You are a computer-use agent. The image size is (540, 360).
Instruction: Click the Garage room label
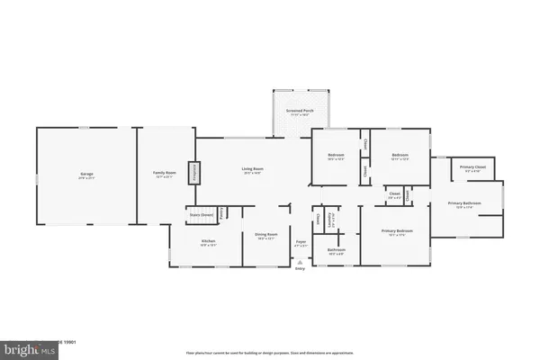click(86, 174)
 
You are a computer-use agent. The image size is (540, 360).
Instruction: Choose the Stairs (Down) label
click(200, 215)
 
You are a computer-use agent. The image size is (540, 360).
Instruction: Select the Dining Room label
click(265, 238)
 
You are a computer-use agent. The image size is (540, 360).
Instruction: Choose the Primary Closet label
click(467, 168)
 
